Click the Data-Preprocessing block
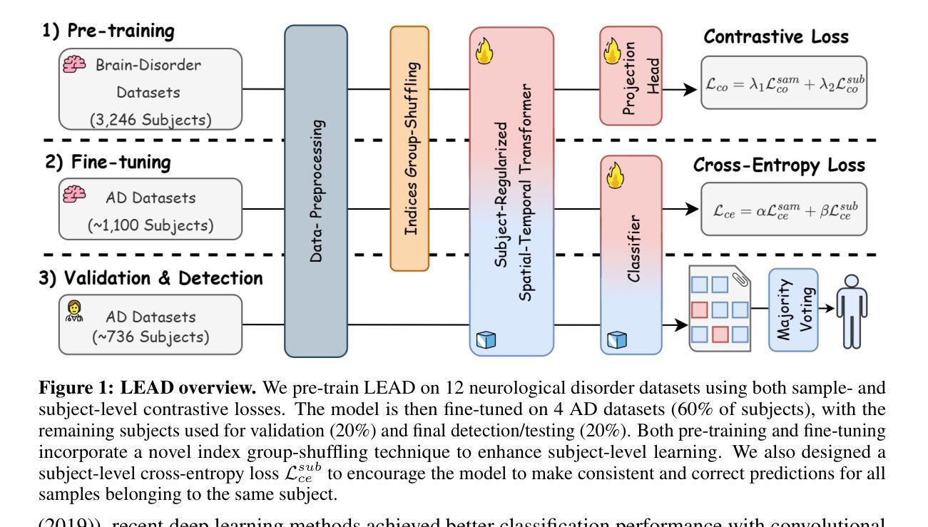316,191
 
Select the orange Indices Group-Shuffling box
410,148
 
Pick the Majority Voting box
792,310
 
